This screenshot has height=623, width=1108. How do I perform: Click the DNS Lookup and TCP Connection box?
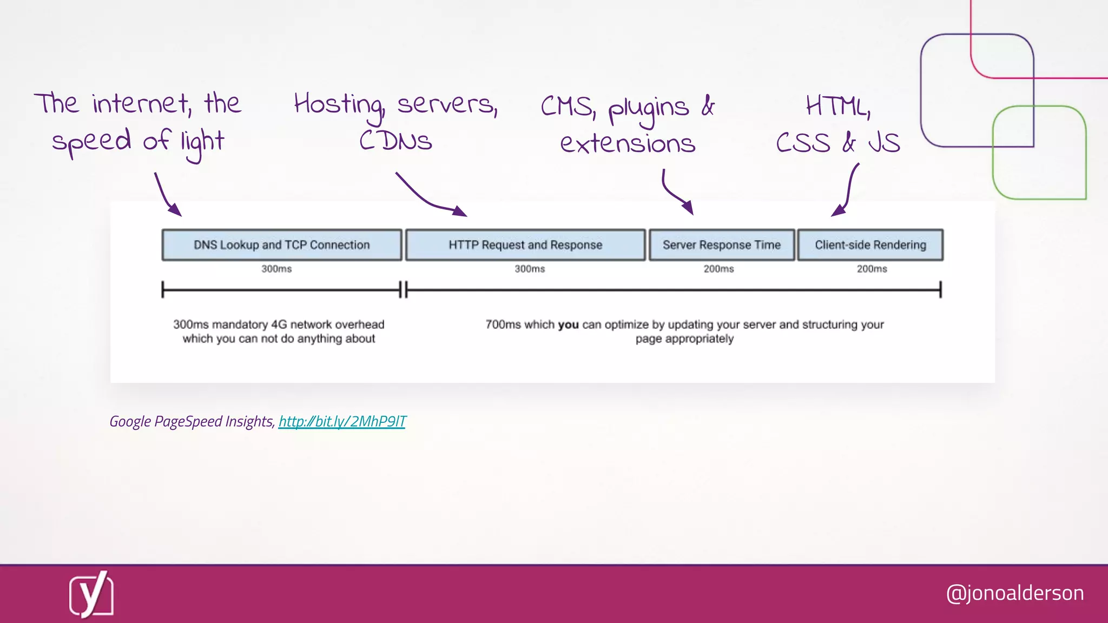[281, 245]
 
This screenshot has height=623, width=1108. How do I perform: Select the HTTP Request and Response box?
[525, 245]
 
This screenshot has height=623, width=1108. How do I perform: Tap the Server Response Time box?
[721, 245]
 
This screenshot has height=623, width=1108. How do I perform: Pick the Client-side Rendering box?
[870, 245]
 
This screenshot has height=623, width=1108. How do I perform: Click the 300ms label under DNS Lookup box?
[276, 269]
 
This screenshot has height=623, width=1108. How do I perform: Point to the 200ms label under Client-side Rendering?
[872, 269]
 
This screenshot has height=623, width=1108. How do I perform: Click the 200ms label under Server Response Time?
[718, 269]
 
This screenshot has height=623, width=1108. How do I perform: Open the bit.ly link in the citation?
[342, 421]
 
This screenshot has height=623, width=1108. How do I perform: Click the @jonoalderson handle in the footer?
[1014, 593]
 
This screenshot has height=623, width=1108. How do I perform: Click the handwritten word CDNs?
[395, 141]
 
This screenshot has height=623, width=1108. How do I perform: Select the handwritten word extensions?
[628, 143]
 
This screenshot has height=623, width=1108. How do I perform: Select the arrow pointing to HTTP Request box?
[430, 198]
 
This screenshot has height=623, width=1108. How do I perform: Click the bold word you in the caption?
[568, 324]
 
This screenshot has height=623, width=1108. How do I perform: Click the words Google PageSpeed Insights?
[192, 421]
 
